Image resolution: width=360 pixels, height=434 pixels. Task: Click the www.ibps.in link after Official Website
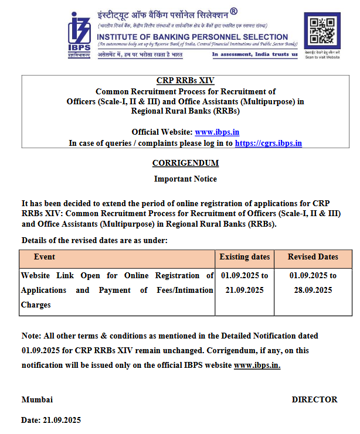click(x=216, y=132)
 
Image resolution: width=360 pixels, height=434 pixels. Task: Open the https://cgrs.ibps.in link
click(x=268, y=143)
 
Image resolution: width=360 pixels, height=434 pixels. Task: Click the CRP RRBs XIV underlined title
click(x=185, y=81)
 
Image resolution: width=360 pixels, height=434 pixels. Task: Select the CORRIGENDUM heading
click(x=185, y=163)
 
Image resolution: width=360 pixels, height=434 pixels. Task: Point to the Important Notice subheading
click(x=185, y=179)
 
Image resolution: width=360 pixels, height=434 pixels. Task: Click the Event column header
click(x=45, y=257)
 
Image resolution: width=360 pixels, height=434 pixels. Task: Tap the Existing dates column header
click(x=244, y=257)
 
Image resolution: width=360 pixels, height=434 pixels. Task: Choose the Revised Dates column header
click(x=313, y=257)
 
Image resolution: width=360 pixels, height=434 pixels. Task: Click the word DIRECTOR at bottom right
click(x=314, y=399)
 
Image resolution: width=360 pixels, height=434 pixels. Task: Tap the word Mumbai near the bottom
click(x=37, y=399)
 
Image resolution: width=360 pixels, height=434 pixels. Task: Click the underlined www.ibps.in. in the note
click(x=257, y=365)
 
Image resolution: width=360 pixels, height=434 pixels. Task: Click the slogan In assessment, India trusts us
click(x=254, y=54)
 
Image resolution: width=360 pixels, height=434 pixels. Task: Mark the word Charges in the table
click(x=36, y=305)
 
